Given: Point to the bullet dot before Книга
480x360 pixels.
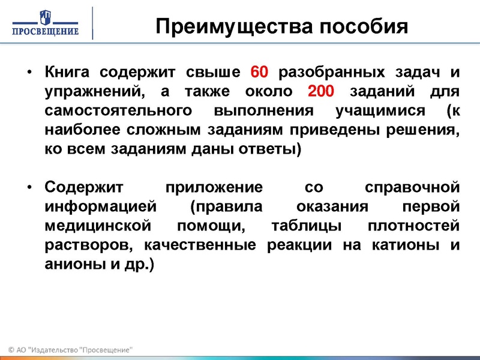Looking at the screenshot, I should click(x=29, y=74).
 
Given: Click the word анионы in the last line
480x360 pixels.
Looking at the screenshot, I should click(x=71, y=263).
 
